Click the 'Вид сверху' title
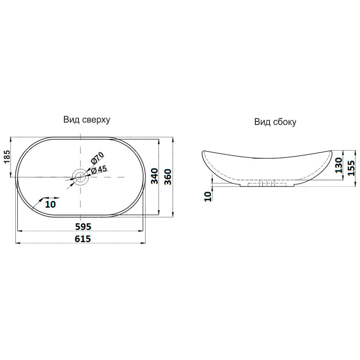pyautogui.click(x=87, y=120)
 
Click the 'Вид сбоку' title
pyautogui.click(x=275, y=122)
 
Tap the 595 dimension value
pyautogui.click(x=84, y=226)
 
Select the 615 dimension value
pyautogui.click(x=83, y=239)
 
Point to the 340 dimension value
pyautogui.click(x=155, y=176)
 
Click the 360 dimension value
pyautogui.click(x=168, y=177)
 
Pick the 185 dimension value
pyautogui.click(x=7, y=157)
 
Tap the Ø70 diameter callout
pyautogui.click(x=97, y=158)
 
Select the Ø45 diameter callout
pyautogui.click(x=99, y=170)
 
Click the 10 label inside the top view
pyautogui.click(x=50, y=204)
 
